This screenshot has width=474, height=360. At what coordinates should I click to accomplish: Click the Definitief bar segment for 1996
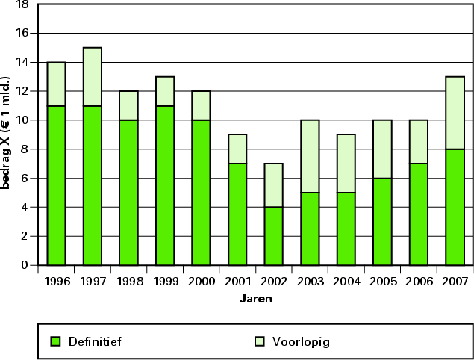pyautogui.click(x=56, y=185)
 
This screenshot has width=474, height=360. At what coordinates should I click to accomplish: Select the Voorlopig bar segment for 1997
pyautogui.click(x=93, y=76)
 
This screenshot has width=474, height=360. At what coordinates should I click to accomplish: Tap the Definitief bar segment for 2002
pyautogui.click(x=274, y=236)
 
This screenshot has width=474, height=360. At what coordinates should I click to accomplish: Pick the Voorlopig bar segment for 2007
pyautogui.click(x=455, y=113)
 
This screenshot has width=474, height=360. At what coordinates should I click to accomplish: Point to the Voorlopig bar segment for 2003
pyautogui.click(x=310, y=156)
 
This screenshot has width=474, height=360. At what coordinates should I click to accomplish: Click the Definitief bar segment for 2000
pyautogui.click(x=202, y=192)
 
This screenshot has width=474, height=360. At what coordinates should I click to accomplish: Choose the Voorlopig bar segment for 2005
pyautogui.click(x=383, y=149)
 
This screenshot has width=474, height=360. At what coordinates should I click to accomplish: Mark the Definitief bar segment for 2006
pyautogui.click(x=419, y=214)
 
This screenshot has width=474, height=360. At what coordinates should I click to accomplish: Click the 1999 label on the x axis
pyautogui.click(x=165, y=282)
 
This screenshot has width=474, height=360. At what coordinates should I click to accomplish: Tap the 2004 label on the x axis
pyautogui.click(x=346, y=282)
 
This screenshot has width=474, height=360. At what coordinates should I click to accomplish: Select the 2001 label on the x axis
pyautogui.click(x=237, y=282)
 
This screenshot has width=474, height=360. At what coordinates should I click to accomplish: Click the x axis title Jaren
pyautogui.click(x=255, y=299)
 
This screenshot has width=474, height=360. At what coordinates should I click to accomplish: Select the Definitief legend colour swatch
pyautogui.click(x=55, y=342)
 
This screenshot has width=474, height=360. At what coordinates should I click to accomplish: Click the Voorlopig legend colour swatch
pyautogui.click(x=258, y=342)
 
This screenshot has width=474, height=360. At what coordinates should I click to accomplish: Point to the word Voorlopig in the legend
pyautogui.click(x=300, y=342)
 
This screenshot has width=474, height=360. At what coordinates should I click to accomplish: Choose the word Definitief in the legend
pyautogui.click(x=95, y=342)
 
